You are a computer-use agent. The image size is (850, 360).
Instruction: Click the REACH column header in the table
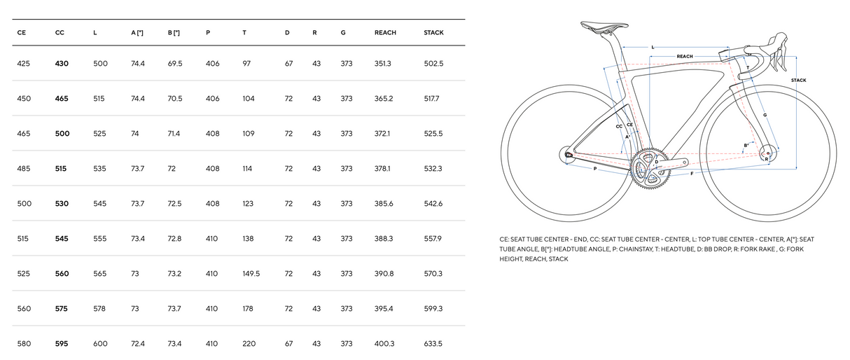point(385,33)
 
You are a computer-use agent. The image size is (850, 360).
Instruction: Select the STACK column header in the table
point(433,33)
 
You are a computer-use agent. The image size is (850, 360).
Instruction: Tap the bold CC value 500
point(62,133)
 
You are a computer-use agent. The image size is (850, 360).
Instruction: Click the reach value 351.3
point(383,64)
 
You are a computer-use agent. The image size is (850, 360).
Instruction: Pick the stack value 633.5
point(433,344)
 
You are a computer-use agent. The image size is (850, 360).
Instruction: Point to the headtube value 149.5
point(251,274)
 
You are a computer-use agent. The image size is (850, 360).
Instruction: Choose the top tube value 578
point(99,309)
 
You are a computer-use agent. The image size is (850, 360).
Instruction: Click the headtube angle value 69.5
point(175,64)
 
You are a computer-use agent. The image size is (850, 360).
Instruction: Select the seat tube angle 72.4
point(137,344)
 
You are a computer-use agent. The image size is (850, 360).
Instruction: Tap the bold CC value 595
point(62,344)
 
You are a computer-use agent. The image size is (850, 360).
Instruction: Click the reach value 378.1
point(383,169)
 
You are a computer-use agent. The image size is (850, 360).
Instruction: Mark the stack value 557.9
point(433,239)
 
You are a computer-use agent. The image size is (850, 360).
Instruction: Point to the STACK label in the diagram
point(798,81)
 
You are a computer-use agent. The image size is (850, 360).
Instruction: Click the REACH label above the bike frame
point(685,56)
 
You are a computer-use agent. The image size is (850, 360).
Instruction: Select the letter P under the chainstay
point(595,169)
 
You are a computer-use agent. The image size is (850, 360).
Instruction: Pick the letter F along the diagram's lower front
point(692,172)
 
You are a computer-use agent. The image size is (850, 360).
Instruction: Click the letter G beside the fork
point(765,114)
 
